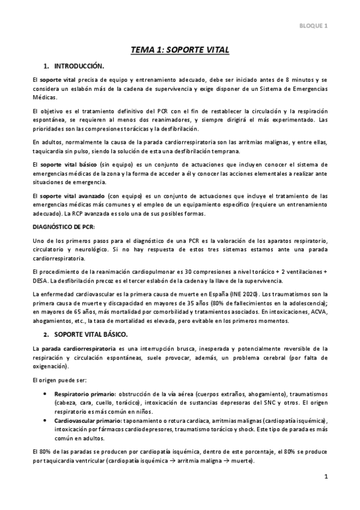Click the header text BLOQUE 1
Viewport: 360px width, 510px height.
coord(314,25)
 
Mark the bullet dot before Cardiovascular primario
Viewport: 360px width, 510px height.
coord(47,419)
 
